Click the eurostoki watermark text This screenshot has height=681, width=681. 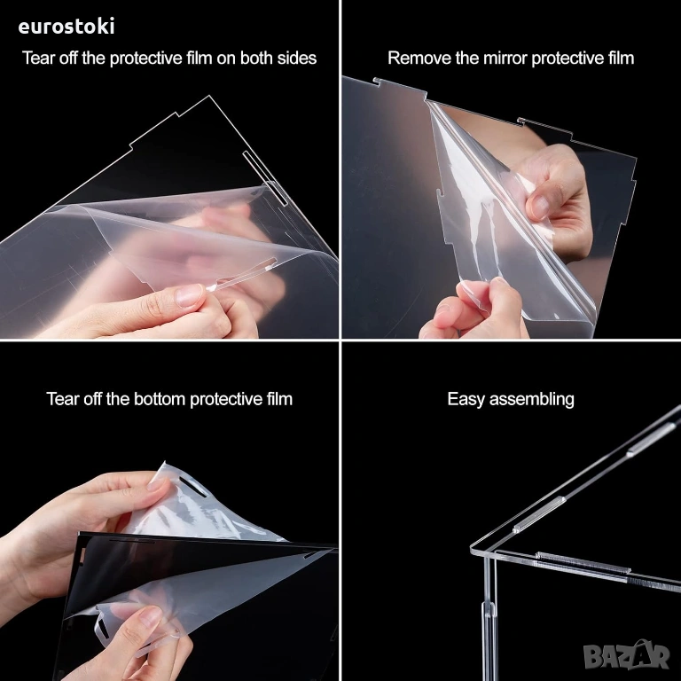coord(67,26)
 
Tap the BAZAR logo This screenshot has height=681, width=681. coord(627,654)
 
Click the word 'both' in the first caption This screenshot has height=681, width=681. coord(256,58)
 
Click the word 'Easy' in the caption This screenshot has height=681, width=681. coord(466,399)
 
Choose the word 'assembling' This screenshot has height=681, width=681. coord(532,399)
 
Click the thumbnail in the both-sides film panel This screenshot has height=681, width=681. coord(190,295)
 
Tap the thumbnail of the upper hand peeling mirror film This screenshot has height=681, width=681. coord(537,207)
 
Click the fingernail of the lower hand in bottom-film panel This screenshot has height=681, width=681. coord(150,618)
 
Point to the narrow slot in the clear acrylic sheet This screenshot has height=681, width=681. coord(265,178)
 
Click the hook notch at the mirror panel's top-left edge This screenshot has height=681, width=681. coord(377,82)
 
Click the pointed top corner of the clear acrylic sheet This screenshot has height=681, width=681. coord(209,96)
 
